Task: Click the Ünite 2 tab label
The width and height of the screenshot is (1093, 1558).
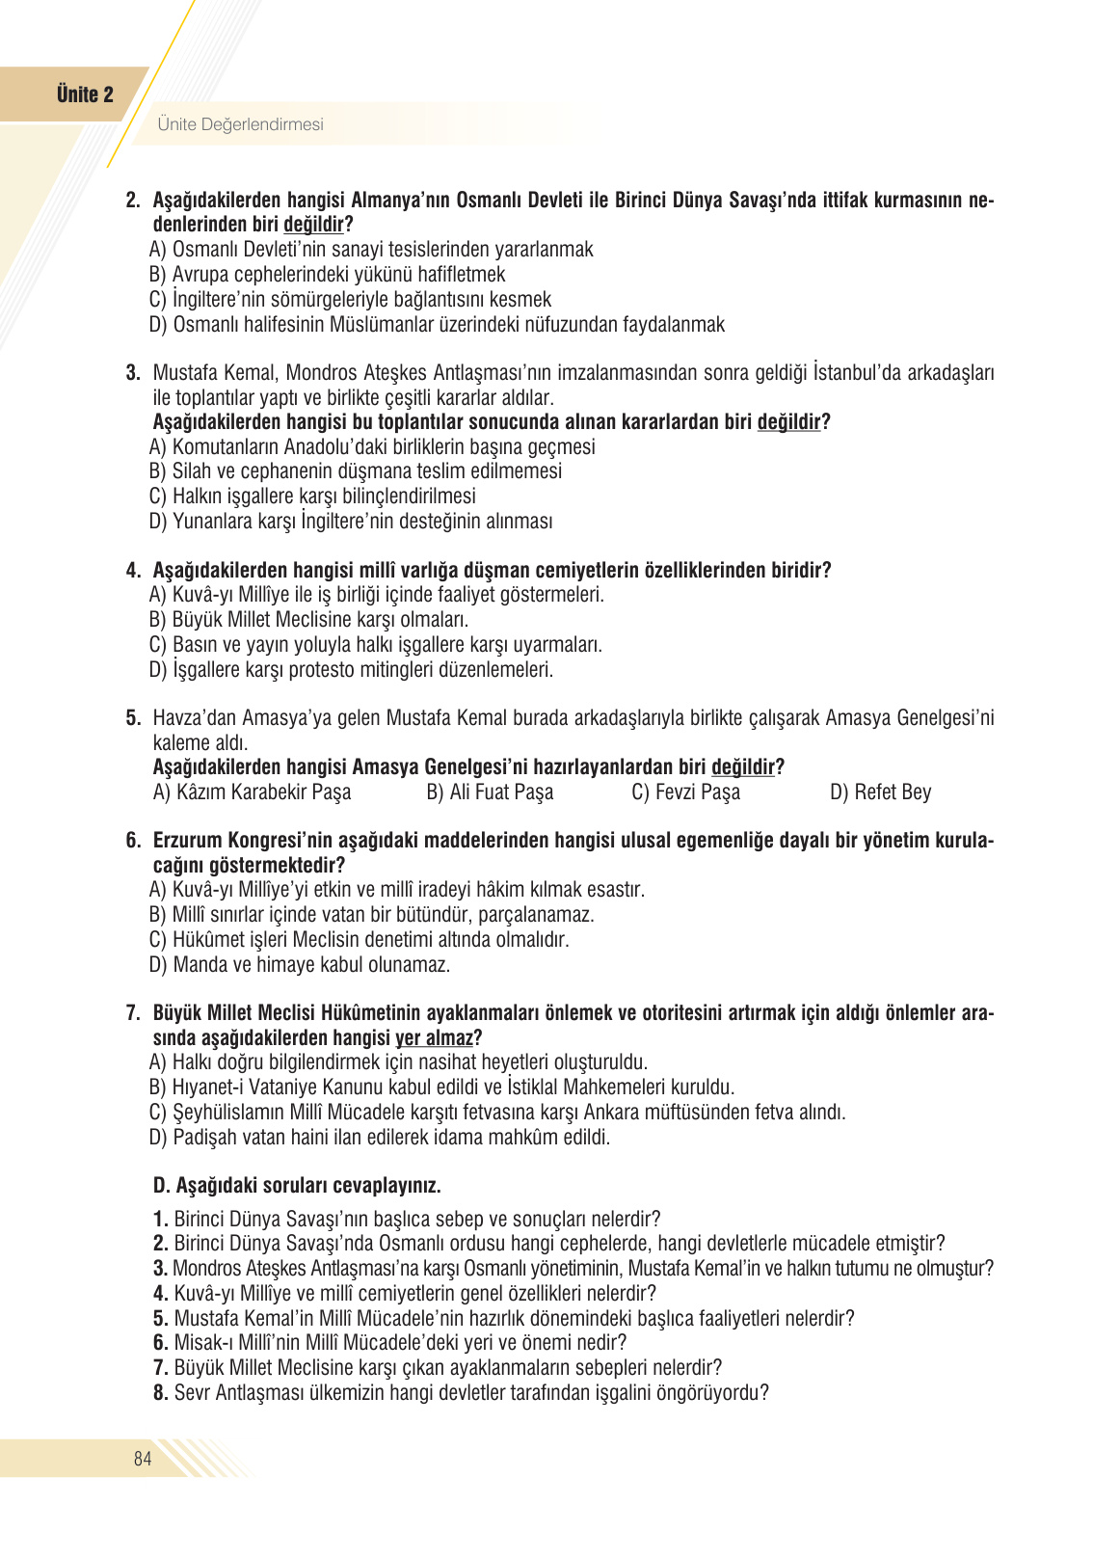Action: [x=85, y=94]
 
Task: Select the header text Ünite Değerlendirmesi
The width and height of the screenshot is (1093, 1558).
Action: [x=240, y=124]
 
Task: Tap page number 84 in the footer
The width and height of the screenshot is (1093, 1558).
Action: [x=143, y=1459]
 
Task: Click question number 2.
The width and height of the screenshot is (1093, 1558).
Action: [x=133, y=201]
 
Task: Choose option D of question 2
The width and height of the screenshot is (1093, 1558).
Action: [x=437, y=325]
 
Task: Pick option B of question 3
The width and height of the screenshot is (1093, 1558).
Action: [x=356, y=471]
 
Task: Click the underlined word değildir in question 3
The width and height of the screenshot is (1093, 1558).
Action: [x=788, y=422]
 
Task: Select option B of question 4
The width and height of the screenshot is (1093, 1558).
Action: [x=309, y=620]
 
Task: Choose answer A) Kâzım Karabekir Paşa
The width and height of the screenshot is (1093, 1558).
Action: [x=253, y=792]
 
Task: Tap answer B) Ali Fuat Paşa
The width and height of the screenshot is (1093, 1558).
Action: [x=490, y=792]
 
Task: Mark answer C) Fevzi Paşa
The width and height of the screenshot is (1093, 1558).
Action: [x=685, y=792]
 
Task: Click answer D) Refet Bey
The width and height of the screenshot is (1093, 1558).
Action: [x=880, y=792]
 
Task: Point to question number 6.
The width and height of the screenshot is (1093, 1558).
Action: [x=133, y=841]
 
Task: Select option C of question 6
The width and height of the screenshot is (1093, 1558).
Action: [x=360, y=940]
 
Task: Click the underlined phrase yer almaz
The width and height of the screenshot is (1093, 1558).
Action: [x=434, y=1038]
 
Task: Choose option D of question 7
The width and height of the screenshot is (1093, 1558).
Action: [x=380, y=1138]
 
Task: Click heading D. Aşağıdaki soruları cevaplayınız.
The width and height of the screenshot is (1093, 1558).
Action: [x=297, y=1186]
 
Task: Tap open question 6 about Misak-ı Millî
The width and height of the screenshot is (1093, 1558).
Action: [x=390, y=1343]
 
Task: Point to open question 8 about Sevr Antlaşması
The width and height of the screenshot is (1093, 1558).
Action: [x=461, y=1393]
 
